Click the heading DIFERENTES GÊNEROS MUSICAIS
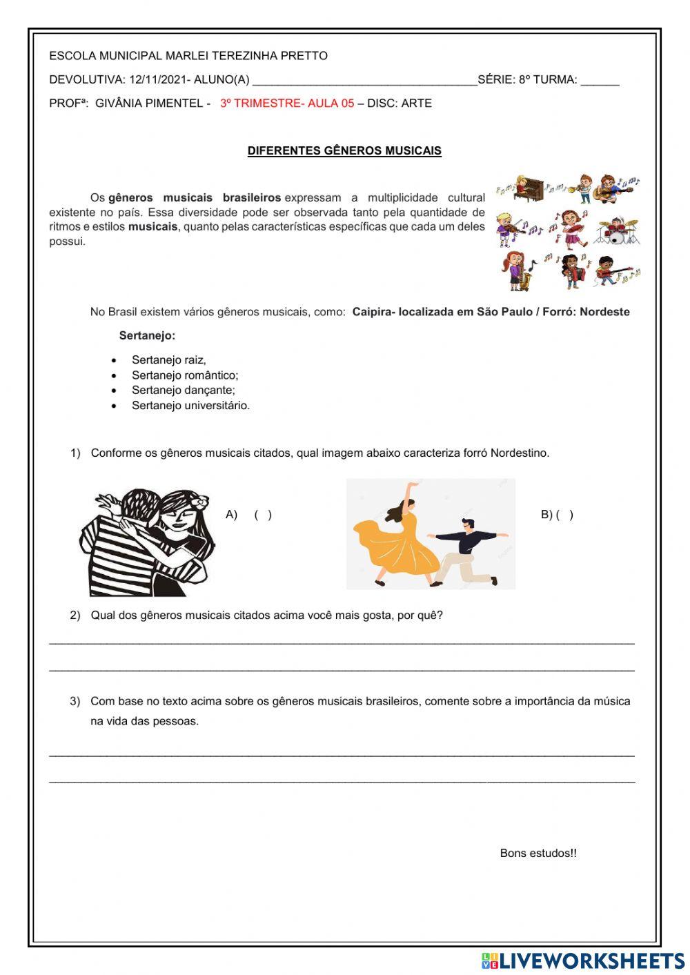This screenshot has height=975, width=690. [x=344, y=150]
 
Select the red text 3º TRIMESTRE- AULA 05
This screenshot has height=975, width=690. [x=287, y=104]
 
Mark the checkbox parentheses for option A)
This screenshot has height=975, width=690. [x=263, y=515]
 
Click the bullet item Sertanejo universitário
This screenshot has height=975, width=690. [x=190, y=406]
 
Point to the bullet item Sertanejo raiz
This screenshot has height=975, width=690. [x=168, y=360]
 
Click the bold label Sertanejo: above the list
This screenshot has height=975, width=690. [x=147, y=336]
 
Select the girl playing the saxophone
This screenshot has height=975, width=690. [x=516, y=270]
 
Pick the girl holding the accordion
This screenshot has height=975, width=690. [x=571, y=270]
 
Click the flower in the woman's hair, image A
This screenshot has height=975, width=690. [x=201, y=502]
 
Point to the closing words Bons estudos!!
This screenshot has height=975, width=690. [x=538, y=854]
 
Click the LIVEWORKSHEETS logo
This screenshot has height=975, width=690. [x=583, y=961]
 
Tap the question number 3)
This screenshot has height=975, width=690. [x=75, y=702]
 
